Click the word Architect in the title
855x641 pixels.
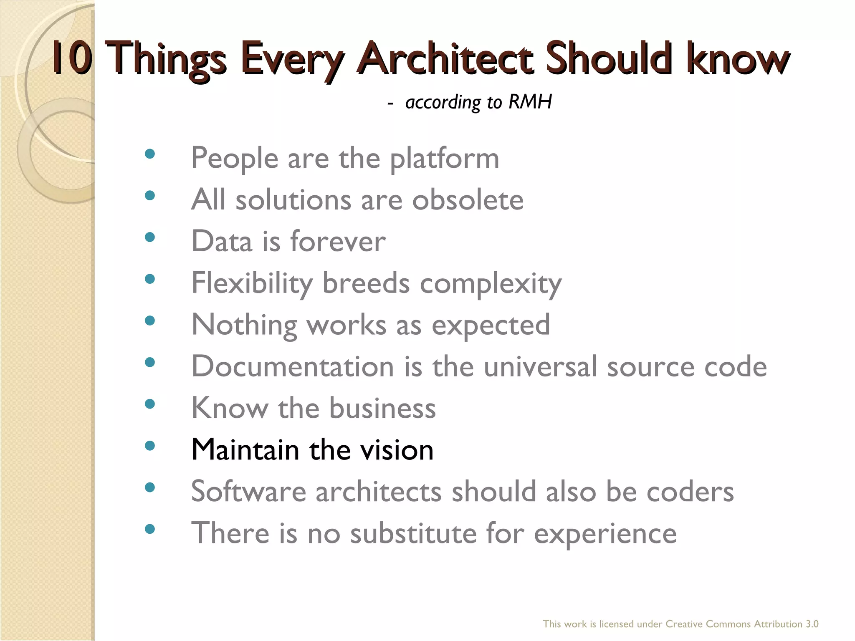[445, 59]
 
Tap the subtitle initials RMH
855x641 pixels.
[530, 102]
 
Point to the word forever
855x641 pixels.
[338, 242]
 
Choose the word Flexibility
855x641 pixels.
[252, 284]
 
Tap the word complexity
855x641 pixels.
[491, 284]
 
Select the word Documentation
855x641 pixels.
[292, 366]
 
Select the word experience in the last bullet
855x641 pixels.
[605, 534]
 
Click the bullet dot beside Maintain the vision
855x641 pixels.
[149, 446]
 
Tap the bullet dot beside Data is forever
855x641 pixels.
[149, 237]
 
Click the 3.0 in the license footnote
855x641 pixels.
[812, 624]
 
